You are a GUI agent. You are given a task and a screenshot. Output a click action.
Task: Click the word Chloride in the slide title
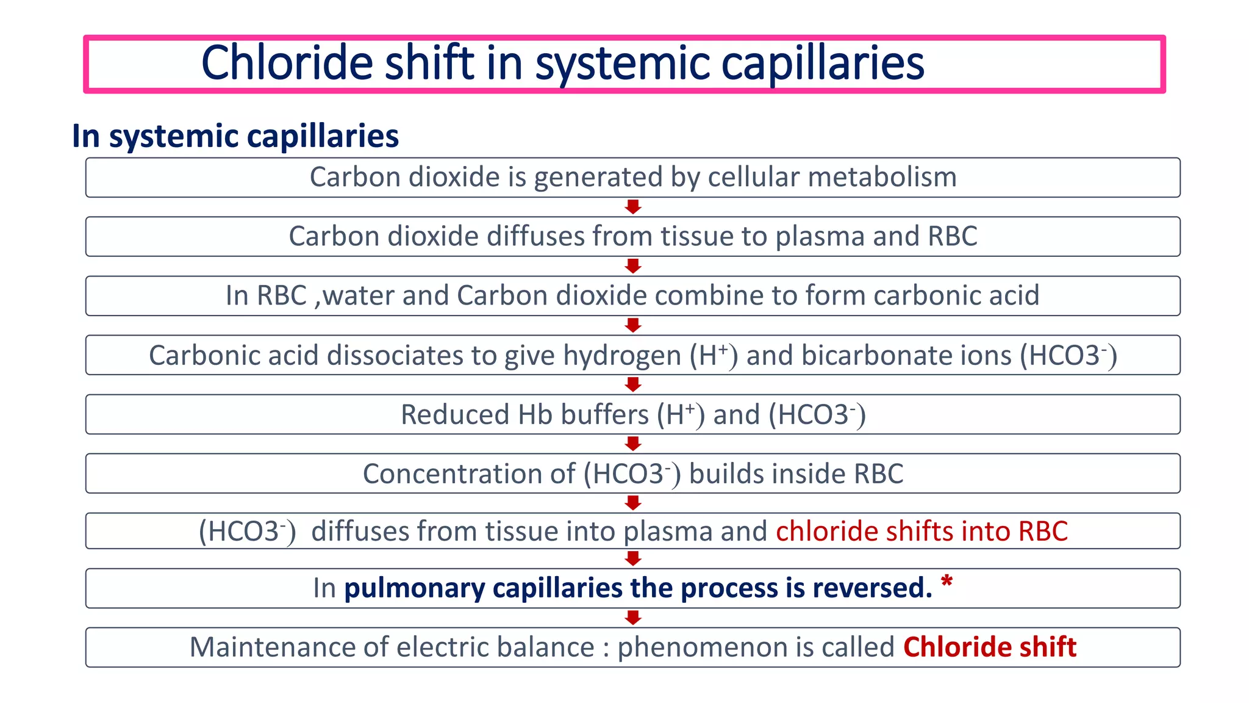click(286, 63)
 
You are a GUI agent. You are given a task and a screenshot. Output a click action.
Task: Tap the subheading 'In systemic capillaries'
click(235, 136)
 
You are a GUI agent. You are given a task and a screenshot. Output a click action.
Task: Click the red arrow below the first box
click(633, 207)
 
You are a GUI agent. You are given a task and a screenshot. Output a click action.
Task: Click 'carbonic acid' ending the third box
click(956, 296)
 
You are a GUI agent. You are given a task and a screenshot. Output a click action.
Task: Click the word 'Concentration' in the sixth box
click(468, 474)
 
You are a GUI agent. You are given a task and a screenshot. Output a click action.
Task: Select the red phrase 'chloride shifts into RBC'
click(922, 532)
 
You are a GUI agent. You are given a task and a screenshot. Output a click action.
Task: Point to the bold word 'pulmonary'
click(415, 588)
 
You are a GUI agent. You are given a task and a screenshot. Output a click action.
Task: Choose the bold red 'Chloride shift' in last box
click(990, 647)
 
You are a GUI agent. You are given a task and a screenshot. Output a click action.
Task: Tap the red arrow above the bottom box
click(633, 618)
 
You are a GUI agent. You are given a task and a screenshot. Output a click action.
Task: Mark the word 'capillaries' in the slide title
click(823, 63)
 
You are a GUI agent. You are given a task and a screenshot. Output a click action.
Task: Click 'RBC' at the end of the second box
click(953, 237)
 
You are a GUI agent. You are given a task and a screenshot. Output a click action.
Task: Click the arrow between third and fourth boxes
click(633, 325)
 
